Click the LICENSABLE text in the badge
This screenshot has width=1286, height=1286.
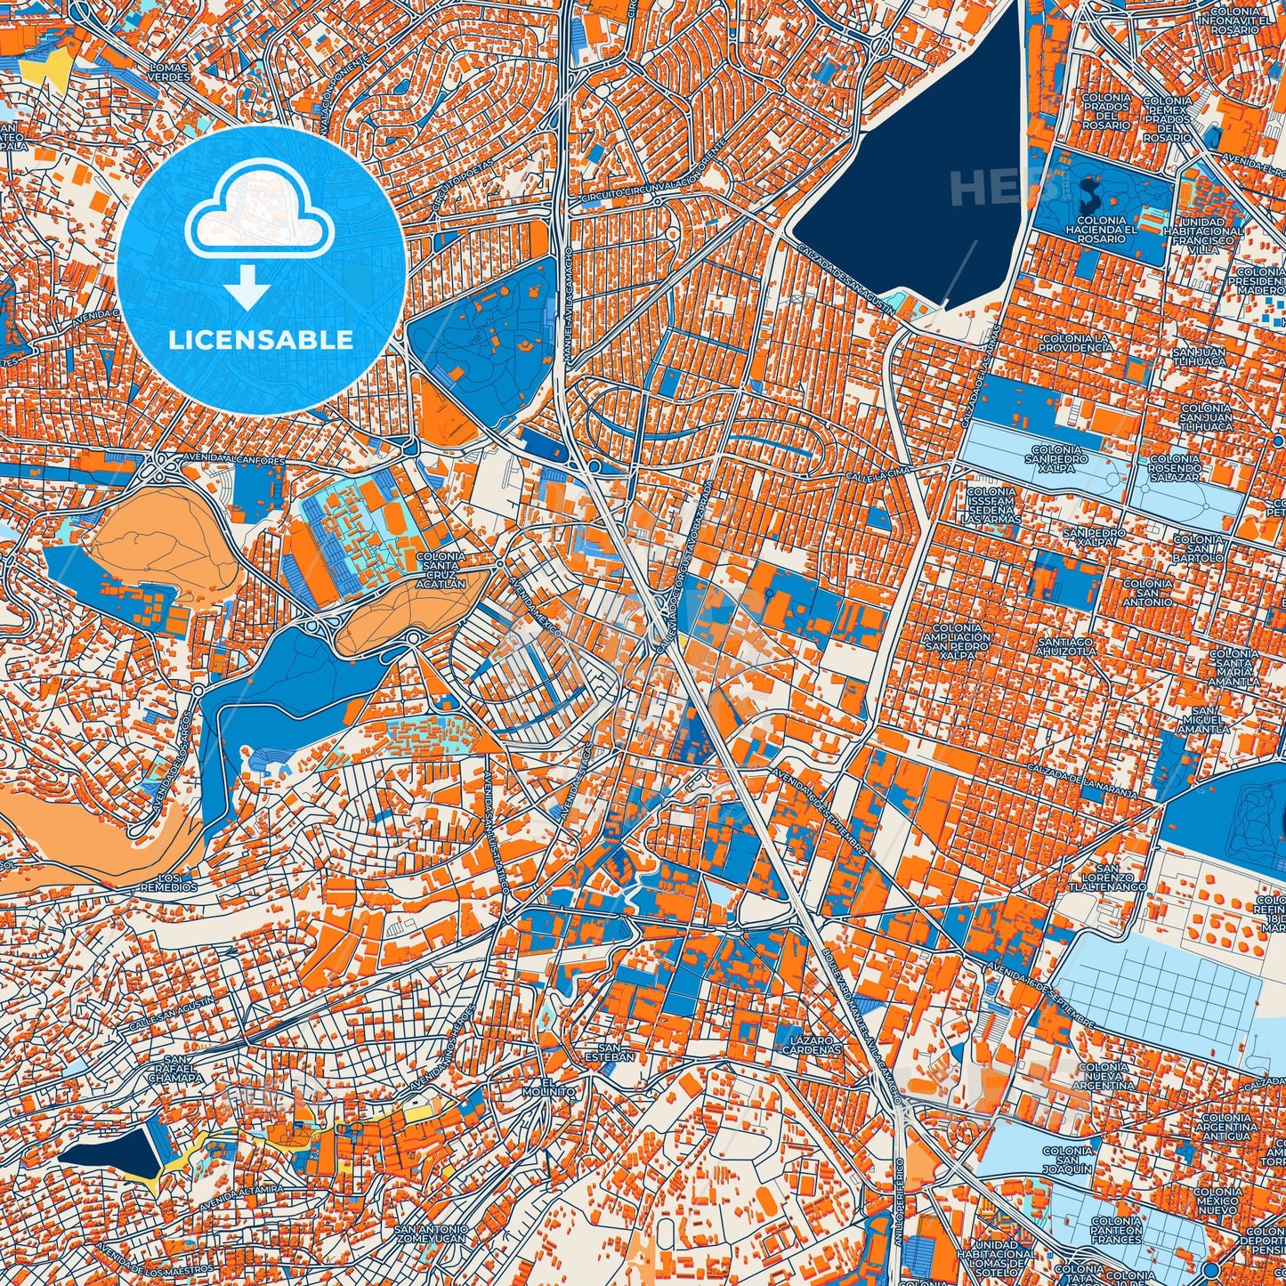(x=261, y=340)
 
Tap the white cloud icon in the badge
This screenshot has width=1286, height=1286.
(x=260, y=214)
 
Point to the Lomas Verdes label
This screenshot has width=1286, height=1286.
(x=169, y=72)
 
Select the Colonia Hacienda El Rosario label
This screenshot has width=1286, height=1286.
(x=1101, y=230)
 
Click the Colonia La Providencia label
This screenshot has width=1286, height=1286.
(x=1077, y=343)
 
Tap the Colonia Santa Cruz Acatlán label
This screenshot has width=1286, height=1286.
(x=440, y=570)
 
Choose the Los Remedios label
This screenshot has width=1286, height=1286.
(x=168, y=883)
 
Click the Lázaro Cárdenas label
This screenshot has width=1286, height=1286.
(x=811, y=1045)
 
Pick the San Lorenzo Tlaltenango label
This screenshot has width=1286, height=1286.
(x=1107, y=878)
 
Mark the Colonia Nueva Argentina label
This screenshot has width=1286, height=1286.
(x=1103, y=1076)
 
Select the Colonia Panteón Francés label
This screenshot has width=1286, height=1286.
(x=1116, y=1230)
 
